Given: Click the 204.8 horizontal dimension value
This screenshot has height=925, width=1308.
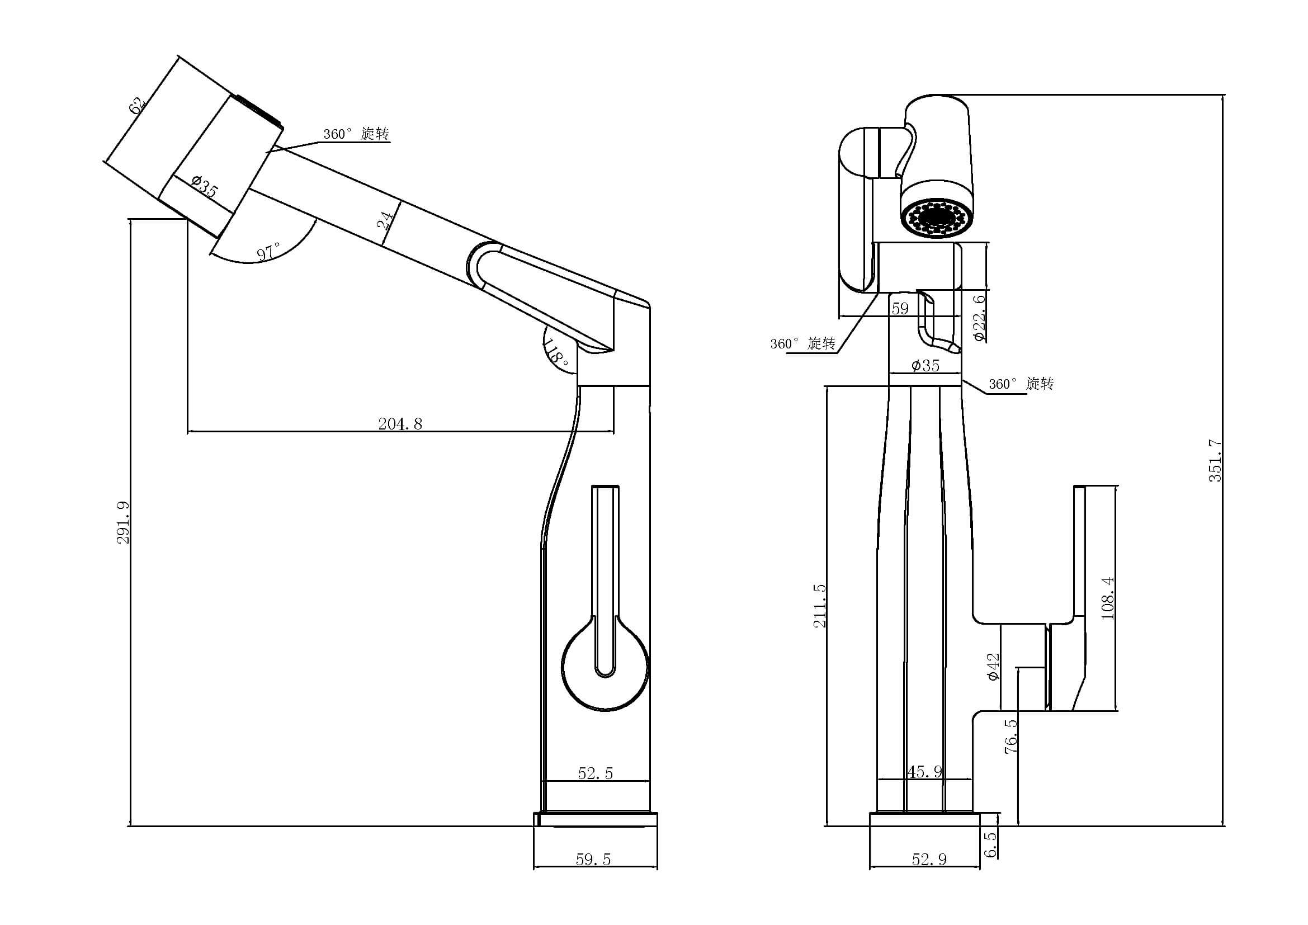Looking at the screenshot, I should (x=400, y=424).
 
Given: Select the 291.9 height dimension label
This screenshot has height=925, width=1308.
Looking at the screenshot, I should (x=124, y=522).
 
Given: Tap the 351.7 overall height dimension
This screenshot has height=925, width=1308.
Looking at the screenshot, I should (x=1215, y=460).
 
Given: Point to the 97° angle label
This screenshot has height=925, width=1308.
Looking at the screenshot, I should (x=269, y=251).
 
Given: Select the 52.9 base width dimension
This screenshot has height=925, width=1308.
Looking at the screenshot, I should (x=929, y=860).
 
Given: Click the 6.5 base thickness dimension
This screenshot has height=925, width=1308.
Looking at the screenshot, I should (x=991, y=843).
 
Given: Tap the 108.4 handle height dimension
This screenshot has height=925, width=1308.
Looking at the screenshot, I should (x=1107, y=598).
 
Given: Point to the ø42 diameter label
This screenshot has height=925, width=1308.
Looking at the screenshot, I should (x=994, y=667).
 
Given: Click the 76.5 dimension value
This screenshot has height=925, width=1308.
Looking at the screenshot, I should (x=1010, y=737).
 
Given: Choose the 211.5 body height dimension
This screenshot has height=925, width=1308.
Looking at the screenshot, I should (x=819, y=606).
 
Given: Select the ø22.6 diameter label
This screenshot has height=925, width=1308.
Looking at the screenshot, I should (x=979, y=317).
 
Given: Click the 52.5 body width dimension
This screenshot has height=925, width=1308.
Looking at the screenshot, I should (x=596, y=773).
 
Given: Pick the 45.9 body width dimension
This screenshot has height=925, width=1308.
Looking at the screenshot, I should (x=924, y=772).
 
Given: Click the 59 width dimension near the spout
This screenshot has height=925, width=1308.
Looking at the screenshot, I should (x=900, y=309).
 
